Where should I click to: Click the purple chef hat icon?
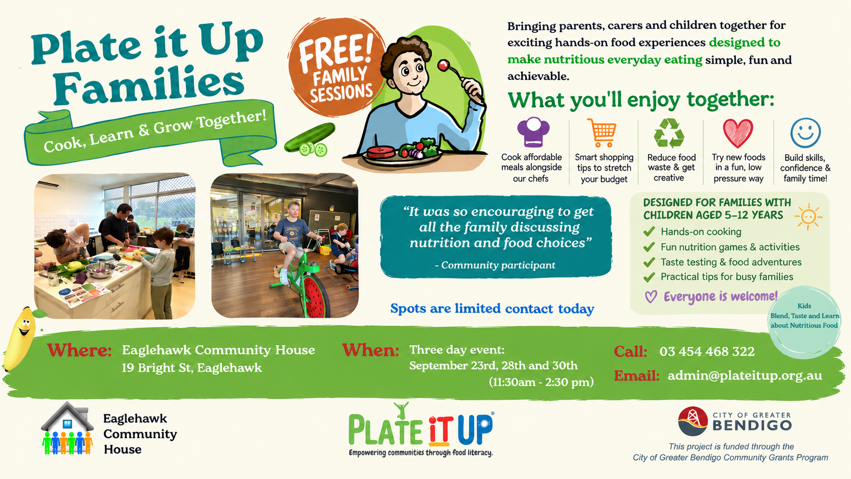click(533, 132)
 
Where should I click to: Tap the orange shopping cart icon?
click(602, 132)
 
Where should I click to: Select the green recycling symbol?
click(669, 132)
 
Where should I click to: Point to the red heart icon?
click(738, 133)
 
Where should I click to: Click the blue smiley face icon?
click(805, 132)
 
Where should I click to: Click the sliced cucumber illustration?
click(310, 140)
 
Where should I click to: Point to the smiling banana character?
click(21, 338)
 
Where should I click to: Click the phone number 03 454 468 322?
click(707, 351)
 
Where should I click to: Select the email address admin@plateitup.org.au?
click(745, 375)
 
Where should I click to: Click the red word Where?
click(79, 350)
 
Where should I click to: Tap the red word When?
click(371, 350)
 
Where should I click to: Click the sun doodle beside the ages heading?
click(808, 216)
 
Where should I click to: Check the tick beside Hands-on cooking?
click(649, 231)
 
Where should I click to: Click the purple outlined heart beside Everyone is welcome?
click(651, 297)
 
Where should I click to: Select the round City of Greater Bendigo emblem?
click(693, 421)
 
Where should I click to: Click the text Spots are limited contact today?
click(492, 308)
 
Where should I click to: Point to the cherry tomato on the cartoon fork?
click(443, 65)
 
